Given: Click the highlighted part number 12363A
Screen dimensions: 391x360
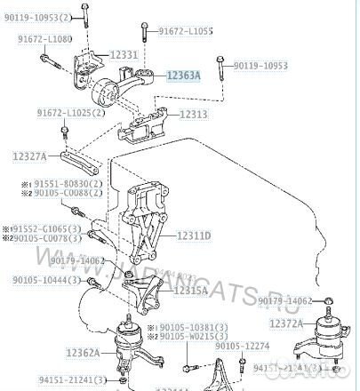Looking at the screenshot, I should tap(183, 76).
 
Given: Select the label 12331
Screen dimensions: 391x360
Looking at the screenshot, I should tap(124, 55).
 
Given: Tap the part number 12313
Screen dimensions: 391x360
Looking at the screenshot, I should tap(194, 115).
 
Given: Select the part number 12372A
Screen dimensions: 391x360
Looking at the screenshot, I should tap(287, 323).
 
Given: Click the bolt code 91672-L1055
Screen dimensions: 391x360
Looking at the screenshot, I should tap(187, 31).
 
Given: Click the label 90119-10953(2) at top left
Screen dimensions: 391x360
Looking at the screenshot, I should tap(38, 16).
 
